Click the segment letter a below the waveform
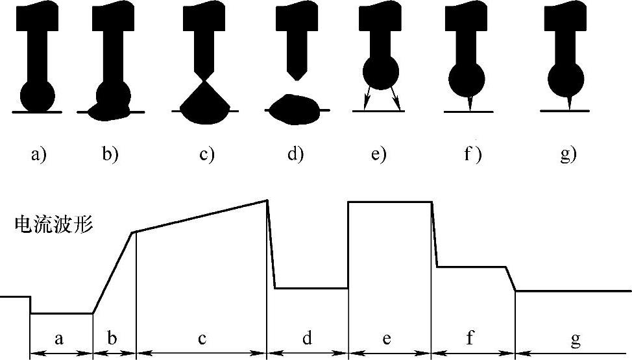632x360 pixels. pyautogui.click(x=60, y=338)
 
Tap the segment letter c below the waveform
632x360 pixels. pyautogui.click(x=202, y=338)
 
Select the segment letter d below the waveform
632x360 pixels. pyautogui.click(x=307, y=338)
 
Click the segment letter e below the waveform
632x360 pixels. pyautogui.click(x=388, y=338)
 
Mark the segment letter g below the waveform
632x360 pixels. pyautogui.click(x=575, y=338)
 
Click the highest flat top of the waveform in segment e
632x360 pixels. pyautogui.click(x=390, y=202)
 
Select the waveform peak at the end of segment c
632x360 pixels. pyautogui.click(x=267, y=200)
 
